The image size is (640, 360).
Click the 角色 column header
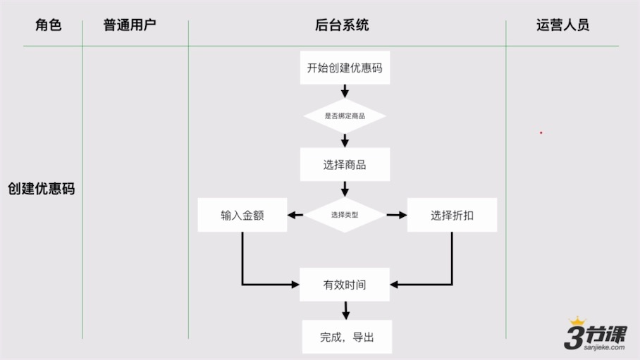click(49, 25)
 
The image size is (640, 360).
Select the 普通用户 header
click(130, 25)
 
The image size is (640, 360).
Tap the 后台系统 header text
click(342, 25)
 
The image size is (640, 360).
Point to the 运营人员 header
click(562, 25)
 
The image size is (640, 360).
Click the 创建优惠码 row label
click(41, 189)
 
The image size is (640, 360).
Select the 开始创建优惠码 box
click(345, 68)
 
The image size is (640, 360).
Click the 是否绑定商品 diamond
click(345, 116)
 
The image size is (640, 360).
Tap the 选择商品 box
click(345, 165)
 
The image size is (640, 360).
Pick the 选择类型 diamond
click(345, 215)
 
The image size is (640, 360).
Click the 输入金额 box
click(242, 216)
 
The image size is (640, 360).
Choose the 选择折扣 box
click(452, 216)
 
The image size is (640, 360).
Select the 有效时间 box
click(345, 285)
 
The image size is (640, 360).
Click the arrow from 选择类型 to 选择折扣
click(397, 215)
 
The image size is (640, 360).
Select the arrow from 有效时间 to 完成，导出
click(345, 310)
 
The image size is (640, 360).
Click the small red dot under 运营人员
click(541, 132)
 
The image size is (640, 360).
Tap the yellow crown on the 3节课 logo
click(578, 321)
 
